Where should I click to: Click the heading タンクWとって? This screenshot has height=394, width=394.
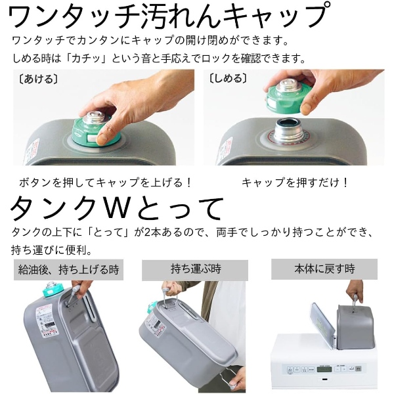[x=118, y=209]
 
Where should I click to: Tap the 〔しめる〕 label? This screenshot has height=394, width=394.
[x=229, y=79]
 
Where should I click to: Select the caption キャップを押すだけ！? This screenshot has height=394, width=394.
[x=295, y=182]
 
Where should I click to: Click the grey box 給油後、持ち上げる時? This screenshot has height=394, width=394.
[x=69, y=269]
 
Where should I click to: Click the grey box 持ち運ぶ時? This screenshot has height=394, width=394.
[x=195, y=269]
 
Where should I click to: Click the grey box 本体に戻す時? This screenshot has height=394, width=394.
[x=324, y=269]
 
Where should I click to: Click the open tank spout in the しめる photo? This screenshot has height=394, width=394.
[x=287, y=131]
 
